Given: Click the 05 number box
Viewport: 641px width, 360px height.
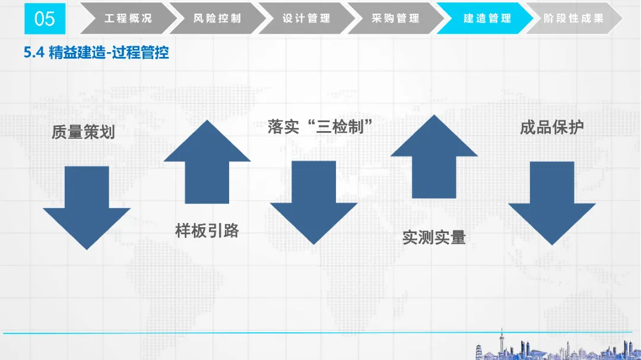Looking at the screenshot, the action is click(x=45, y=19).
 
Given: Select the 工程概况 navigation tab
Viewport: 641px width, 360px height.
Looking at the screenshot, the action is click(x=128, y=18).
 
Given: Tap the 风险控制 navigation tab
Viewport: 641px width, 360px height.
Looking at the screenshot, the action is click(x=217, y=18).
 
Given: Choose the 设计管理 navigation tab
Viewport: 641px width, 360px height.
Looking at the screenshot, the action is click(x=306, y=18).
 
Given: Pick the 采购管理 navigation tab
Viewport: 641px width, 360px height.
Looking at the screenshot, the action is click(x=395, y=18).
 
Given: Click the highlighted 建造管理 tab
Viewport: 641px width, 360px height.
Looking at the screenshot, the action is click(x=487, y=18).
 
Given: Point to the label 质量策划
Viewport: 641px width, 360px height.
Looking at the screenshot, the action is click(x=83, y=132).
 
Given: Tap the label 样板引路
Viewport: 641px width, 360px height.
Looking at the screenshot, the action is click(x=207, y=230).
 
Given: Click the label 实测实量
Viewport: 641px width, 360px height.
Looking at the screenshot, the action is click(x=434, y=237).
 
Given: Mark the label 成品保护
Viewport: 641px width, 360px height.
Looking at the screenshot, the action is click(x=552, y=127).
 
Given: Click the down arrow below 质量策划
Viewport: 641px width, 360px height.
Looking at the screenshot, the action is click(x=87, y=207).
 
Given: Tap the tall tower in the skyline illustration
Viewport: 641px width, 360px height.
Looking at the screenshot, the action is click(x=502, y=345).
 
